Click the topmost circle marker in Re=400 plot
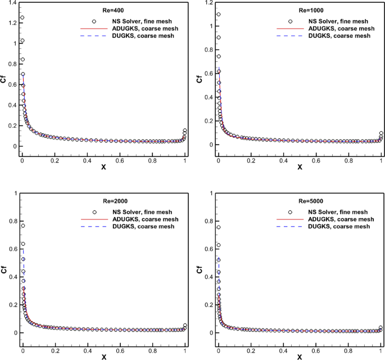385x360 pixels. (x=22, y=17)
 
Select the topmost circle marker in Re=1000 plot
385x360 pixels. (x=218, y=15)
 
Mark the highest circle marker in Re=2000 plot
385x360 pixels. (x=22, y=226)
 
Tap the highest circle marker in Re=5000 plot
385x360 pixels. (x=218, y=227)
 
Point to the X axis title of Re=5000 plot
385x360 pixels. (x=300, y=357)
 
